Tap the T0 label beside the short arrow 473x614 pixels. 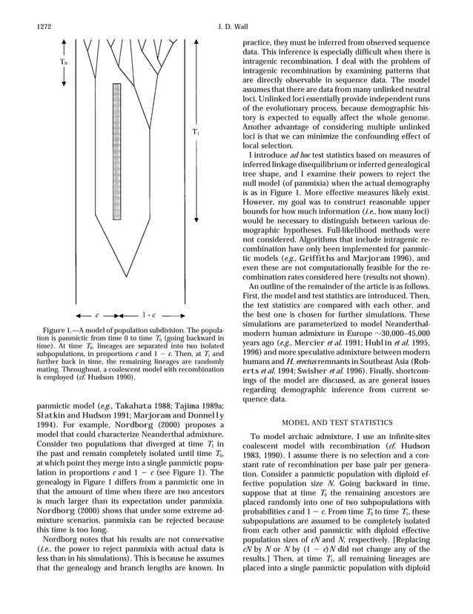pyautogui.click(x=64, y=62)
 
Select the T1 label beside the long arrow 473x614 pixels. pyautogui.click(x=195, y=132)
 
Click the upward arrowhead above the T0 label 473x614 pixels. pyautogui.click(x=64, y=42)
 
